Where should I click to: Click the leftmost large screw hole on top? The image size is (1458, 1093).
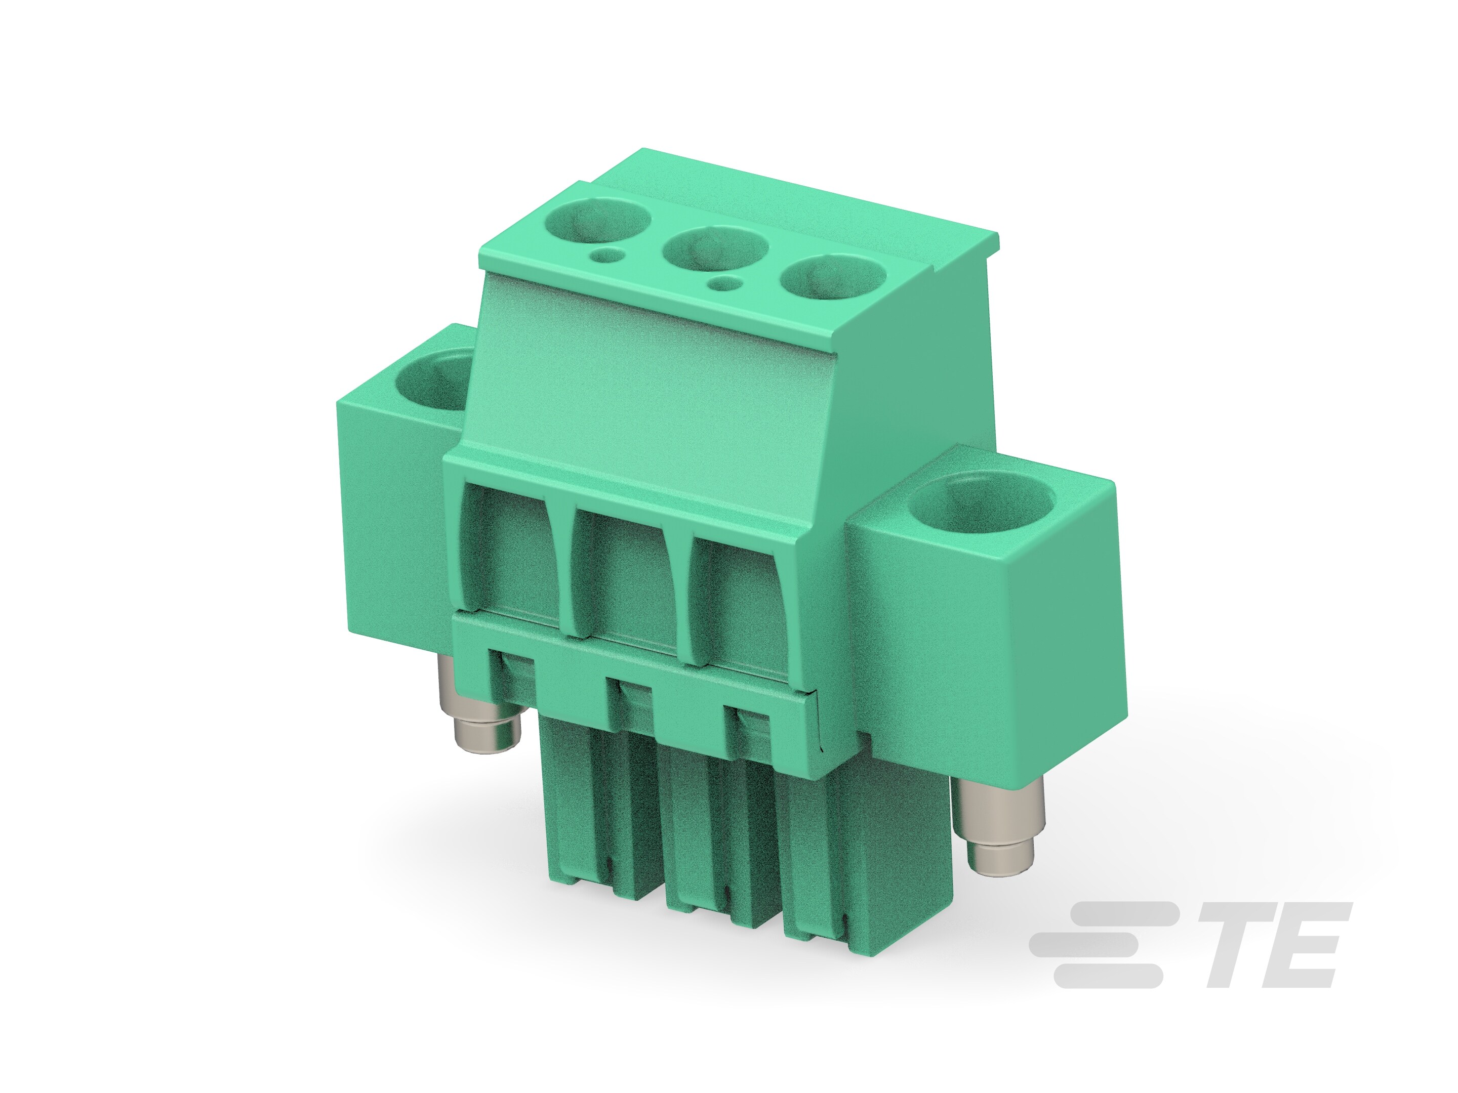point(598,222)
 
